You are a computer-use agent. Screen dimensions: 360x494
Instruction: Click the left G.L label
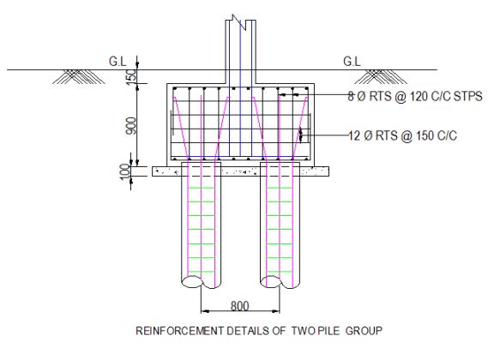point(117,61)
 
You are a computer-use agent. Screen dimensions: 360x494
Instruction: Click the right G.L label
point(352,61)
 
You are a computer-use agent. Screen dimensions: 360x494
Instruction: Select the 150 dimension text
point(130,77)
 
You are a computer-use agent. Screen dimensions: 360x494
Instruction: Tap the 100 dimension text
point(130,172)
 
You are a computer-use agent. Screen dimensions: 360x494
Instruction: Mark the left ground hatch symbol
point(74,76)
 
